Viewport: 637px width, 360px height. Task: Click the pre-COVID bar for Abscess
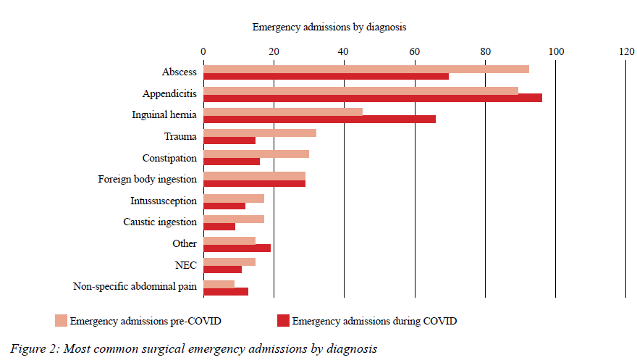click(x=366, y=69)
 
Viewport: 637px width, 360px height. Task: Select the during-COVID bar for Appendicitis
click(x=372, y=98)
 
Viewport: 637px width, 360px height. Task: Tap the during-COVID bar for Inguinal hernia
click(x=319, y=119)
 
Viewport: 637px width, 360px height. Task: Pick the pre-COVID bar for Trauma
click(x=259, y=133)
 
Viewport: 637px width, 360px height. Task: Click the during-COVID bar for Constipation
click(x=231, y=162)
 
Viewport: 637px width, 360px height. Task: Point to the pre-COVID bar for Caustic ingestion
click(x=233, y=219)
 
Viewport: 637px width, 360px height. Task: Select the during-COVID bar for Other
click(x=237, y=248)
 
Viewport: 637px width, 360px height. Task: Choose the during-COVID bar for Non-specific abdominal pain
click(x=225, y=291)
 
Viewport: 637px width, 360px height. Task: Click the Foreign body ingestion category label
click(x=147, y=179)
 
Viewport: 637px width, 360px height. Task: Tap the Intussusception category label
click(x=163, y=201)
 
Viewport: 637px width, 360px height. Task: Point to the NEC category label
click(x=186, y=265)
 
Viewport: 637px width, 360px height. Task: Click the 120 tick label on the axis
click(x=626, y=51)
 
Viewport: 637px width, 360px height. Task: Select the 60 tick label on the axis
click(x=415, y=51)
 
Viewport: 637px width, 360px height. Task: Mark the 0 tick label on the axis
click(x=203, y=51)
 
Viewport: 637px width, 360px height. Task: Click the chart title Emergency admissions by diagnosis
click(x=329, y=27)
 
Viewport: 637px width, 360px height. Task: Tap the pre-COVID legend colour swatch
click(x=61, y=320)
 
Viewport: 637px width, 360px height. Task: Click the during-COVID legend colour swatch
click(x=283, y=320)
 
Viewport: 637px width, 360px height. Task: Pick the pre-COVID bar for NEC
click(x=229, y=261)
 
